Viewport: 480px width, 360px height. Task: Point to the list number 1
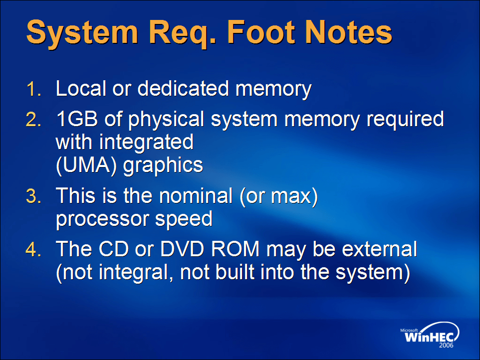click(x=33, y=89)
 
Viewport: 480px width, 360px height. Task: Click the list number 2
click(x=33, y=119)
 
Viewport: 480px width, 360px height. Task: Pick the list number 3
click(x=33, y=196)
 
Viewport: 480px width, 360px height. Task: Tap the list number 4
click(x=33, y=249)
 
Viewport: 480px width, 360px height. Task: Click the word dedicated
click(x=183, y=88)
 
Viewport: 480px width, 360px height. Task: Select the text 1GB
click(x=77, y=119)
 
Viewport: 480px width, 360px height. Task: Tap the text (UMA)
click(x=87, y=166)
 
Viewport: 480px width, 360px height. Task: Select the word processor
click(x=103, y=220)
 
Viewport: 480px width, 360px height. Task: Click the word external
click(x=379, y=249)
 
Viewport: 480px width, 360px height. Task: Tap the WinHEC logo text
click(x=429, y=337)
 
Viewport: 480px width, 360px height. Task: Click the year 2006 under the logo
click(x=447, y=346)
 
